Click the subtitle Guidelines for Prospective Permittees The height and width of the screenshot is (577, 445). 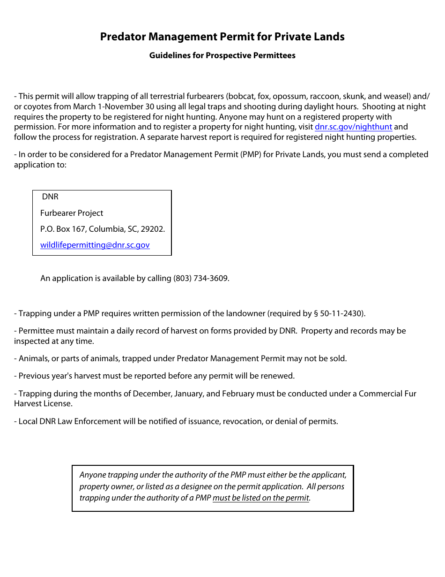click(x=222, y=55)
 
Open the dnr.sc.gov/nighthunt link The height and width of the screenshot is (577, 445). click(x=353, y=127)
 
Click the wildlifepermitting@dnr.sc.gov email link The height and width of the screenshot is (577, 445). click(x=95, y=245)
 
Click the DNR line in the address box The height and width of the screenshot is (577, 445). click(x=50, y=197)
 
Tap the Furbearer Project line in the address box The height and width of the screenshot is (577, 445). click(x=72, y=213)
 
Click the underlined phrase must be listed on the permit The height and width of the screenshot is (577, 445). click(x=261, y=498)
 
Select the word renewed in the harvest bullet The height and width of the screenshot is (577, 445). click(x=280, y=376)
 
